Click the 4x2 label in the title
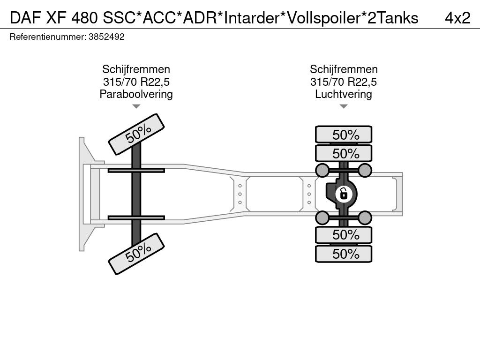click(x=457, y=18)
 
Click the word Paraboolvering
click(x=136, y=94)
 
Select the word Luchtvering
click(x=344, y=94)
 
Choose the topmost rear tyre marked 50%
click(x=344, y=135)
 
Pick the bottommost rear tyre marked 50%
click(x=344, y=254)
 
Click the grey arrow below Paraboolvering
click(x=136, y=106)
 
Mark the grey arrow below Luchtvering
click(x=344, y=106)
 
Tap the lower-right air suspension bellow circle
click(x=365, y=217)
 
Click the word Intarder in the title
click(x=250, y=18)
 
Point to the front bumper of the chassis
click(x=85, y=194)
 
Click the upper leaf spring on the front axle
click(x=136, y=170)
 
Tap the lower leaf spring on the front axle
click(x=136, y=217)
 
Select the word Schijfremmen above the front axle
click(x=136, y=69)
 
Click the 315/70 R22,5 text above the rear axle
click(x=344, y=82)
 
